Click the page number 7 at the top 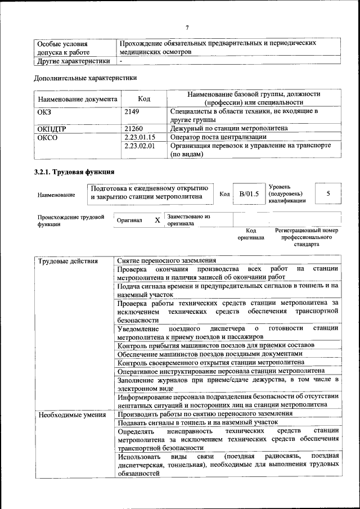[187, 28]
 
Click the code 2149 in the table [132, 111]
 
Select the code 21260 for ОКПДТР [133, 128]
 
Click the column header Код [144, 99]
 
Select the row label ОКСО [47, 137]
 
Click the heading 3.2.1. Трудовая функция [74, 172]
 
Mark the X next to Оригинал [157, 220]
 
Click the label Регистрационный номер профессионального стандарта [307, 237]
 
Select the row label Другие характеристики [73, 61]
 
